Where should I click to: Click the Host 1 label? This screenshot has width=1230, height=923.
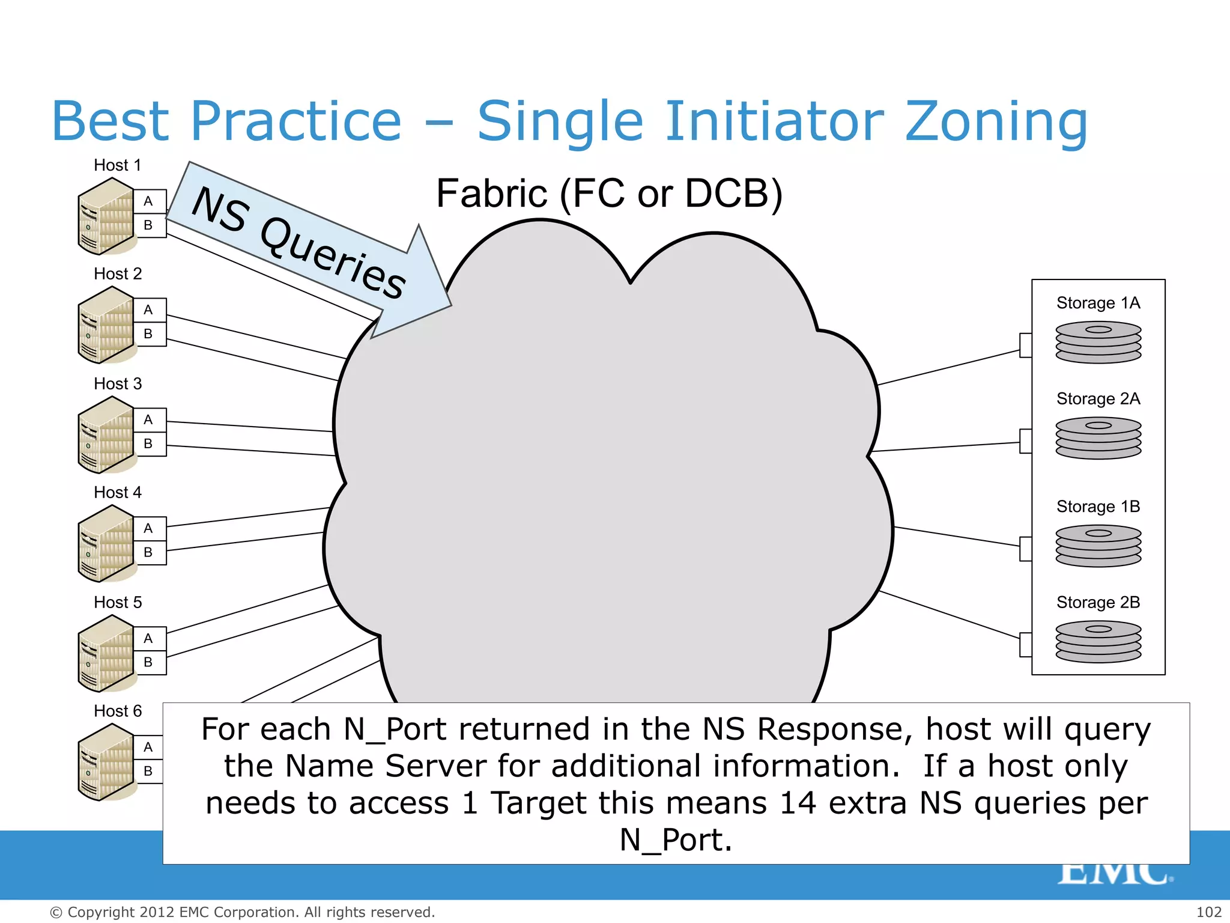[x=117, y=165]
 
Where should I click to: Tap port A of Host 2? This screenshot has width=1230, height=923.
[x=148, y=310]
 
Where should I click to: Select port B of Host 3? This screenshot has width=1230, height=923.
[x=148, y=444]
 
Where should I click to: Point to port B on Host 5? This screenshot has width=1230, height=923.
[x=148, y=662]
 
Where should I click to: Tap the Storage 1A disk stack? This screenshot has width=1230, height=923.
[x=1098, y=342]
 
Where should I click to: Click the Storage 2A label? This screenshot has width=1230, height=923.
[x=1098, y=399]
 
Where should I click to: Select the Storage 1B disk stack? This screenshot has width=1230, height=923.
[x=1098, y=546]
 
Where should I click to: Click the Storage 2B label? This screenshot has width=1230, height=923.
[x=1098, y=603]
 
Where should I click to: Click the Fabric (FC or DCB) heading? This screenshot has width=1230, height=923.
[x=609, y=193]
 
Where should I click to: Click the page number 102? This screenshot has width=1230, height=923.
[x=1208, y=912]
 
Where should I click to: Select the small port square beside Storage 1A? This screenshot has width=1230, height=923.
[x=1026, y=345]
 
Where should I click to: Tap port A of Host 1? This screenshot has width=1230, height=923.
[x=148, y=201]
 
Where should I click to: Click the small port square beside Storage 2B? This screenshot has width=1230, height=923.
[x=1026, y=645]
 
